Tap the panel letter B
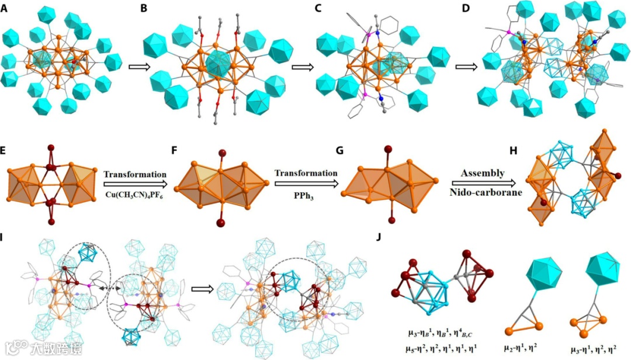tap(148, 9)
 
